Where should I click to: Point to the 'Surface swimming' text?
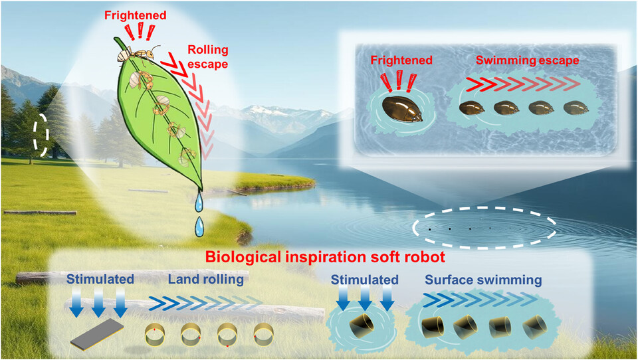pyautogui.click(x=482, y=280)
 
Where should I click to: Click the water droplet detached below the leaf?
pyautogui.click(x=198, y=226)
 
